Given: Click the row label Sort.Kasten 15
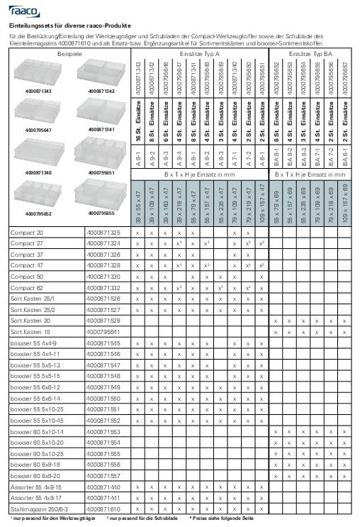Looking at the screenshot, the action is pyautogui.click(x=29, y=331).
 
